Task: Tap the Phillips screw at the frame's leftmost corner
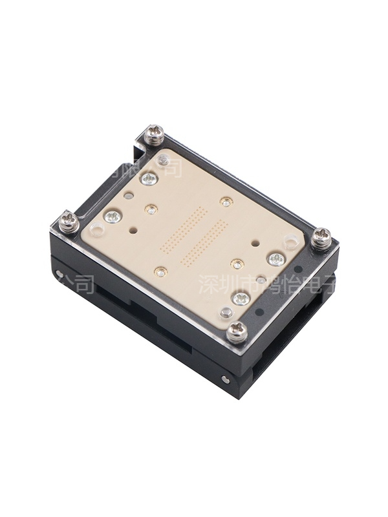(x=69, y=222)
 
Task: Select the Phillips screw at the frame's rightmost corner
(x=321, y=238)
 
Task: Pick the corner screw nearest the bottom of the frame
(x=237, y=332)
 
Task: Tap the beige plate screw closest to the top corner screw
(x=149, y=178)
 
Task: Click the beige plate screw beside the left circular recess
(x=113, y=216)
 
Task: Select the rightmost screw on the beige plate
(x=276, y=260)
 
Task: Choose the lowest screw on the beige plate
(x=241, y=298)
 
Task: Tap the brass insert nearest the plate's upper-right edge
(x=226, y=202)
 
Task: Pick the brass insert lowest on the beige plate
(x=161, y=271)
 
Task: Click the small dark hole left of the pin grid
(x=133, y=228)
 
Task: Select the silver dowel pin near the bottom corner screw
(x=226, y=313)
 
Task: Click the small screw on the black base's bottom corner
(x=224, y=379)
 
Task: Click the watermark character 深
(x=208, y=284)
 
